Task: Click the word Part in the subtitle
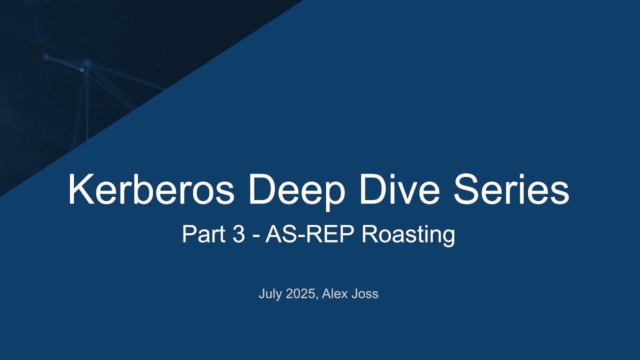(x=202, y=234)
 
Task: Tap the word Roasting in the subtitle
(x=408, y=234)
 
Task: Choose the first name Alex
(x=335, y=294)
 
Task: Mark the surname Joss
(x=365, y=294)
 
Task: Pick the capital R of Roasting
(x=369, y=234)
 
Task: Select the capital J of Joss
(x=356, y=294)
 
